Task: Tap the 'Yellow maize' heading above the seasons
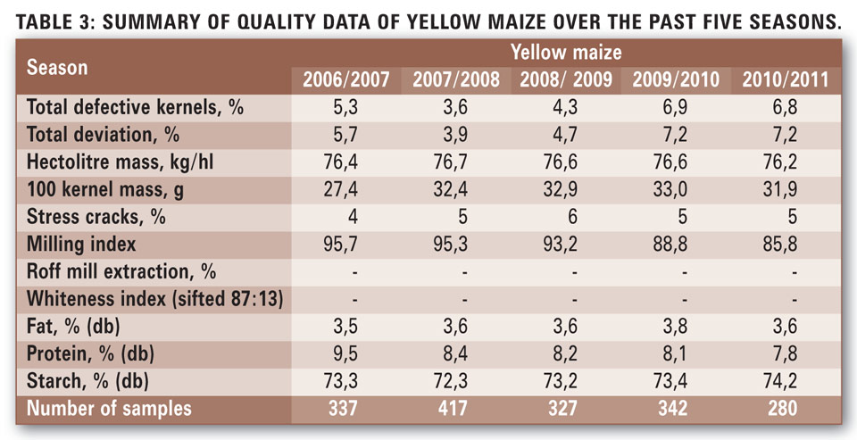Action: point(565,54)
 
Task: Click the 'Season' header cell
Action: point(59,68)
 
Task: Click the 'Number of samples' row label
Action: point(109,410)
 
